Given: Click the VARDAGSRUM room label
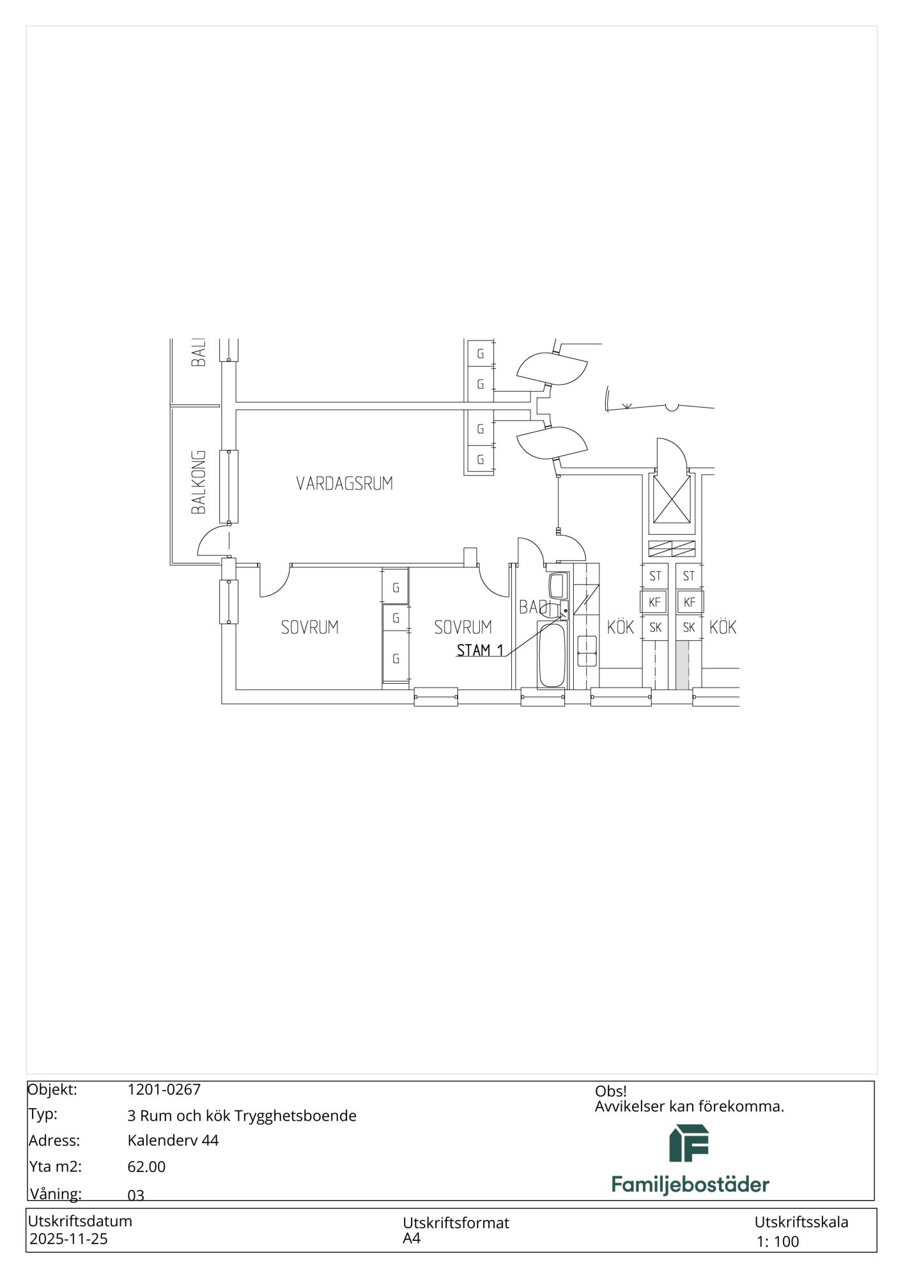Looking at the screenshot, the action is pyautogui.click(x=344, y=483).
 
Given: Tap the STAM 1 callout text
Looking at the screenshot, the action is pyautogui.click(x=480, y=651).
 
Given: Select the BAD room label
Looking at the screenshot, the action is pyautogui.click(x=534, y=607).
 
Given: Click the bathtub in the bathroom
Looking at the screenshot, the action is pyautogui.click(x=551, y=654).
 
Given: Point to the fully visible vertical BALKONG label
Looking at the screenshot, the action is pyautogui.click(x=199, y=482).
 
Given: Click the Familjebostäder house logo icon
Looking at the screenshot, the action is pyautogui.click(x=689, y=1143).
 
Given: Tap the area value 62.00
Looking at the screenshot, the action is pyautogui.click(x=146, y=1167).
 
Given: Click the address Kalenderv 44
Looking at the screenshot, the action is pyautogui.click(x=173, y=1141).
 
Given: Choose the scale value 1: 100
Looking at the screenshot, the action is pyautogui.click(x=778, y=1242).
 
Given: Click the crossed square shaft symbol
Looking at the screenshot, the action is pyautogui.click(x=672, y=498).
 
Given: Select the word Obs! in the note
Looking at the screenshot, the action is pyautogui.click(x=611, y=1091).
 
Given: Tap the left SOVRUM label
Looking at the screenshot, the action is pyautogui.click(x=310, y=627).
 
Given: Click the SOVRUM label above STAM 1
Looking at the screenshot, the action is pyautogui.click(x=463, y=627).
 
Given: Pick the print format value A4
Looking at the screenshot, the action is pyautogui.click(x=412, y=1238).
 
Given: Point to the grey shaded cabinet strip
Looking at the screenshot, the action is pyautogui.click(x=683, y=665).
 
